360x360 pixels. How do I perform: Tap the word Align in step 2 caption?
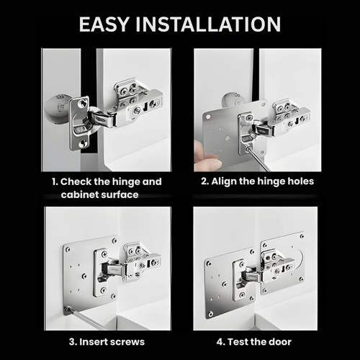pos(232,181)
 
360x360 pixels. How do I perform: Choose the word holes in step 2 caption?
pos(298,181)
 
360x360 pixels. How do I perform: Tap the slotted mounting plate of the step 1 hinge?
pos(79,122)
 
